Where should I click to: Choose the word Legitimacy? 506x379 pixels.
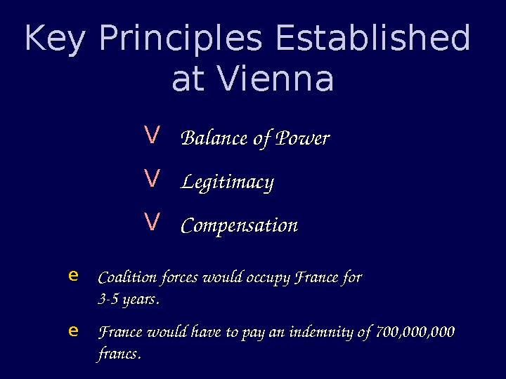227,182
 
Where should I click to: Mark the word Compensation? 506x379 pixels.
239,226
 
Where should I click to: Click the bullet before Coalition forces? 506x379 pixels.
73,275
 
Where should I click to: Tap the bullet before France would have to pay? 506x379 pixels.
73,330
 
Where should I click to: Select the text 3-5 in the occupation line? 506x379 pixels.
108,300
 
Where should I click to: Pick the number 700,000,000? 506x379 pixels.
415,332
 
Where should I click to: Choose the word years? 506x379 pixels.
140,300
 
